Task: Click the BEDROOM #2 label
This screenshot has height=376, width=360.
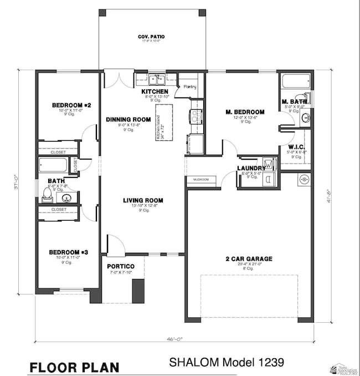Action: (x=68, y=105)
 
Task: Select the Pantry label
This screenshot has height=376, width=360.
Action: (x=190, y=87)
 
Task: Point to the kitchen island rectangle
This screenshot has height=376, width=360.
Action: (x=164, y=121)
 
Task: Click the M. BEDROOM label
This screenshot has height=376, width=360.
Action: (x=245, y=112)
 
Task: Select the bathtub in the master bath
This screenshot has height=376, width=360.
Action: (x=294, y=82)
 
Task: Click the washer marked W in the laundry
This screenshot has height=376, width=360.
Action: (x=269, y=164)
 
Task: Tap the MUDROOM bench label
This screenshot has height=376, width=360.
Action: (x=200, y=180)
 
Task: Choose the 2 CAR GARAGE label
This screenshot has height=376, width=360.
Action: (x=249, y=258)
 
